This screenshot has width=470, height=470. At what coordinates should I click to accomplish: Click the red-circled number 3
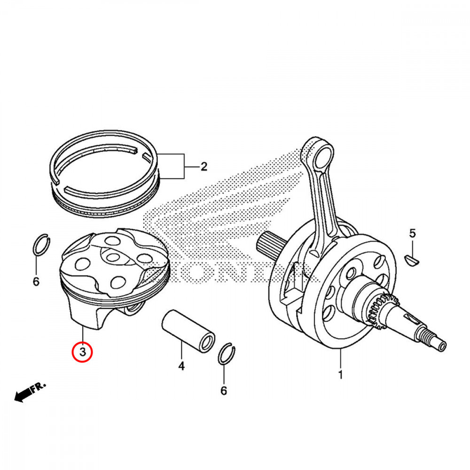(83, 352)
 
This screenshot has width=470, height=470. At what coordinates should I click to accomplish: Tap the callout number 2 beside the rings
(203, 166)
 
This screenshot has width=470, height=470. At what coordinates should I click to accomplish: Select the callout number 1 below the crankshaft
(340, 375)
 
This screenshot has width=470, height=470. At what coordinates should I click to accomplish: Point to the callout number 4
(181, 365)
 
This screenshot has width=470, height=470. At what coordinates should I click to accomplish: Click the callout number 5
(412, 233)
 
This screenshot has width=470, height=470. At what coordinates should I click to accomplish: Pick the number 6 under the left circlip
(36, 282)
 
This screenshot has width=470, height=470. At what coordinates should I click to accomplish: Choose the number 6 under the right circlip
(224, 390)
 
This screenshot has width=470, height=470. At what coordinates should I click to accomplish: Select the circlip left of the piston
(42, 244)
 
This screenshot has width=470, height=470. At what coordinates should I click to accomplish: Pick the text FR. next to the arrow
(39, 387)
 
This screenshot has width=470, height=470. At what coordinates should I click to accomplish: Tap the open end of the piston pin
(205, 343)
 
